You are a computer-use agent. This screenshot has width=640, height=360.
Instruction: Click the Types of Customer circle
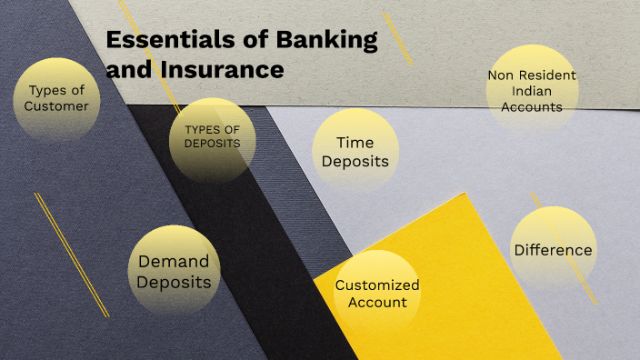[56, 98]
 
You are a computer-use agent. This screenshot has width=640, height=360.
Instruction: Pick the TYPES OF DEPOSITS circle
[212, 136]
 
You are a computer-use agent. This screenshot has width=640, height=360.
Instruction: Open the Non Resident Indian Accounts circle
[532, 91]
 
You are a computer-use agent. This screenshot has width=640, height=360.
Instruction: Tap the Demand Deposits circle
[173, 272]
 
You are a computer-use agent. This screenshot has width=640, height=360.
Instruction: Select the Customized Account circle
[377, 293]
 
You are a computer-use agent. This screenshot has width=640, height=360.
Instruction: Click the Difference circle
[553, 250]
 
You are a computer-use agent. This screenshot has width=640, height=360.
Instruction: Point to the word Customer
[56, 106]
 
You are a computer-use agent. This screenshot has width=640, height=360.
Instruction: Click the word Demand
[173, 262]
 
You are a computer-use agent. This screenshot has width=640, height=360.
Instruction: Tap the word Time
[355, 143]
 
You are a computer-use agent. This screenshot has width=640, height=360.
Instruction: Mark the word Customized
[377, 285]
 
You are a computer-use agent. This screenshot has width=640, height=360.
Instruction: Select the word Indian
[532, 91]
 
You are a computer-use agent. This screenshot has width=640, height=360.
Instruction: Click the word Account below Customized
[377, 302]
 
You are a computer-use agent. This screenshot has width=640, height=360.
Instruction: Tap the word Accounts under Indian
[532, 106]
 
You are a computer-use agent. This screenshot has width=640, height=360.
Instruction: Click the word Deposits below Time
[355, 162]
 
